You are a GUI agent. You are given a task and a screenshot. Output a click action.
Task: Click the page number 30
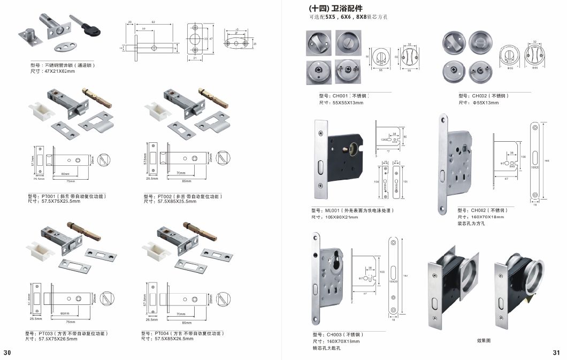pyautogui.click(x=7, y=353)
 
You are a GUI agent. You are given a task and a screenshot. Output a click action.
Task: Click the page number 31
pyautogui.click(x=556, y=353)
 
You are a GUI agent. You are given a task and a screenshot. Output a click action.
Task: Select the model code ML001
pyautogui.click(x=334, y=211)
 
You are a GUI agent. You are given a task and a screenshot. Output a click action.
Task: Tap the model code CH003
pyautogui.click(x=334, y=334)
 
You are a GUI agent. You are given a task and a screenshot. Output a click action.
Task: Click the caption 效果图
pyautogui.click(x=484, y=340)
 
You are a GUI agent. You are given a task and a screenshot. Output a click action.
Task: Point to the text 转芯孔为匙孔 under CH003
pyautogui.click(x=326, y=348)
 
